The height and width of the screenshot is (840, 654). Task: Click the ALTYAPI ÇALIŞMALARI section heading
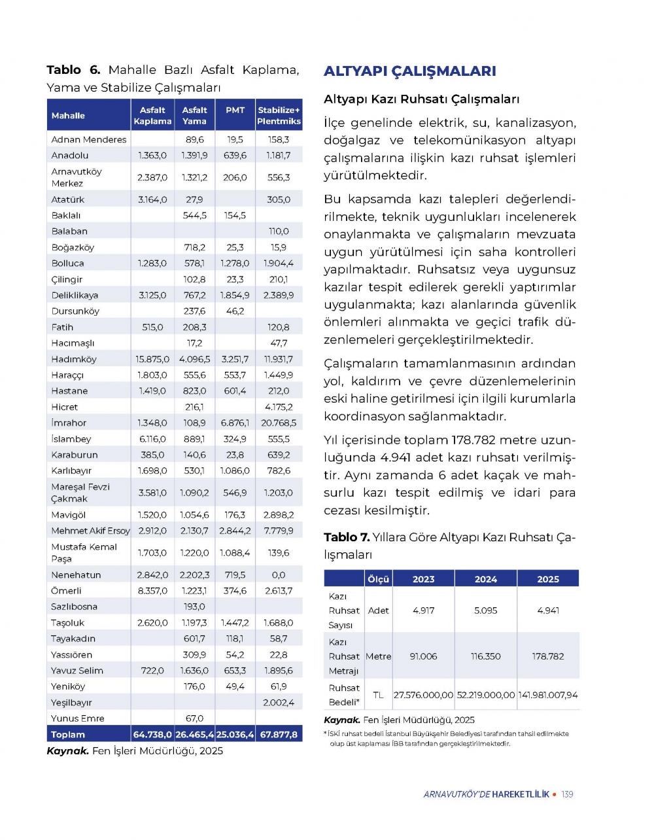pyautogui.click(x=410, y=71)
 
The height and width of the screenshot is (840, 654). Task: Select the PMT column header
pyautogui.click(x=235, y=110)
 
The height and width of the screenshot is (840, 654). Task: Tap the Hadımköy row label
pyautogui.click(x=74, y=359)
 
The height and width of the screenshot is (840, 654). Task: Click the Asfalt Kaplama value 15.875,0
pyautogui.click(x=152, y=359)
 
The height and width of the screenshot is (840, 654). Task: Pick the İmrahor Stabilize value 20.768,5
pyautogui.click(x=279, y=423)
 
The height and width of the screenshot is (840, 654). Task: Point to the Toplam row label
pyautogui.click(x=68, y=735)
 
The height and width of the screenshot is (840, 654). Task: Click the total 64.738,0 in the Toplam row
pyautogui.click(x=152, y=735)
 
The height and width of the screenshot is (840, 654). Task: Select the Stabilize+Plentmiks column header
pyautogui.click(x=279, y=116)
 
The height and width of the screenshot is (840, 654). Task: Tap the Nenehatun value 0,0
pyautogui.click(x=279, y=575)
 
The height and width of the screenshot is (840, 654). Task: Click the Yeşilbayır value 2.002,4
pyautogui.click(x=279, y=703)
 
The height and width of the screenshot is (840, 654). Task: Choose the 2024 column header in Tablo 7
pyautogui.click(x=485, y=579)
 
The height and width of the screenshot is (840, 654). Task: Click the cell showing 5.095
pyautogui.click(x=485, y=611)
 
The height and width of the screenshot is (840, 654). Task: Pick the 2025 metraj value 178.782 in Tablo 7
pyautogui.click(x=548, y=656)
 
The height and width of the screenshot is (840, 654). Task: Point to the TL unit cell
pyautogui.click(x=378, y=695)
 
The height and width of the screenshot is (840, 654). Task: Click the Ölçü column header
pyautogui.click(x=378, y=579)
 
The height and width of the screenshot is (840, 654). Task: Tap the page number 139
pyautogui.click(x=567, y=794)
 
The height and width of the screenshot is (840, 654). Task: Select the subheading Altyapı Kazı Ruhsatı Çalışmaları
pyautogui.click(x=421, y=99)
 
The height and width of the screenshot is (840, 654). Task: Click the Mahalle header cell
pyautogui.click(x=68, y=116)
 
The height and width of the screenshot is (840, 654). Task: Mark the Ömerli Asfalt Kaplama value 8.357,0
pyautogui.click(x=152, y=590)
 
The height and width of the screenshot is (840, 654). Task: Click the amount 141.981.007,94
pyautogui.click(x=548, y=695)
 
